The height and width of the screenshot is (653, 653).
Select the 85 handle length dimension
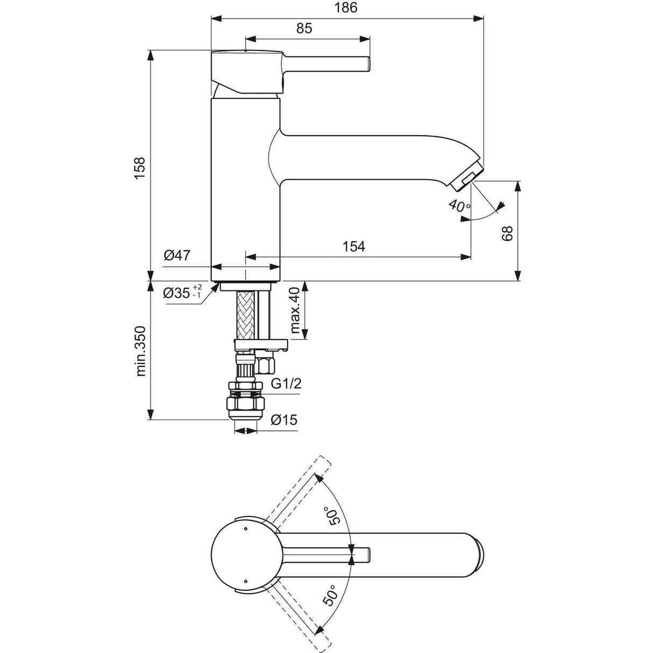click(304, 28)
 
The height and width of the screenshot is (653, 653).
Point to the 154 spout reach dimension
click(353, 246)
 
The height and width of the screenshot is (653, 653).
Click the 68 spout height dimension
click(507, 232)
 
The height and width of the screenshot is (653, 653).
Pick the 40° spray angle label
click(458, 205)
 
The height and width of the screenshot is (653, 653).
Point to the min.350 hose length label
click(140, 351)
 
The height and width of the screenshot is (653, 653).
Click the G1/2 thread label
click(286, 384)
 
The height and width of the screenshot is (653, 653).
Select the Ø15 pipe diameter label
click(284, 420)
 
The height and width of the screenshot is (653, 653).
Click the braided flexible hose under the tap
click(244, 315)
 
